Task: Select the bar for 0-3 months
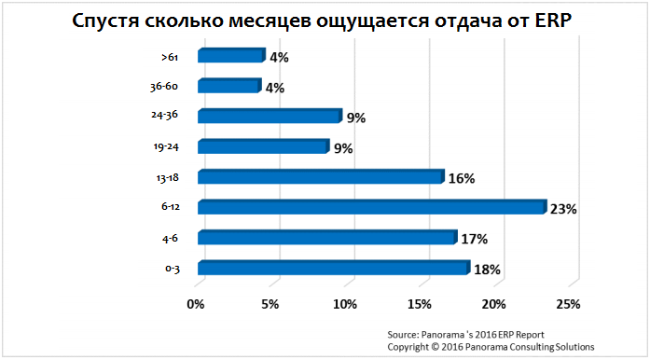[333, 268]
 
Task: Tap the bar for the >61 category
[231, 56]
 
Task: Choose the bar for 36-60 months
[229, 87]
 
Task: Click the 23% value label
[564, 209]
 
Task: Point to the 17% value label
[476, 240]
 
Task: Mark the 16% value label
[463, 178]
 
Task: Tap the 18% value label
[488, 270]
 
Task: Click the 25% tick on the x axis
[568, 304]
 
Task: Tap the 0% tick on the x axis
[196, 304]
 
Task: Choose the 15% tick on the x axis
[419, 304]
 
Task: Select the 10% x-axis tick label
[344, 304]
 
